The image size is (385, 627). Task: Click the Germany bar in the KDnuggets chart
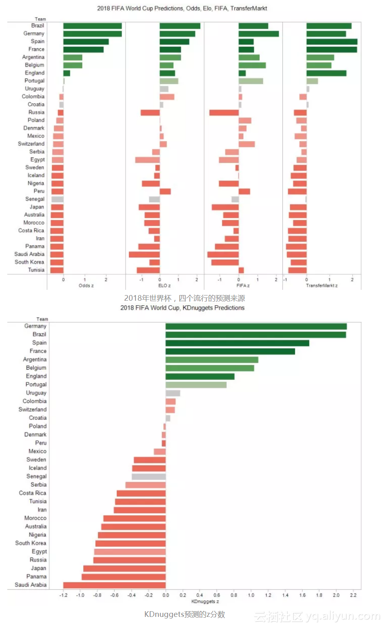point(256,326)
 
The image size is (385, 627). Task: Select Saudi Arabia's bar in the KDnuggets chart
point(114,585)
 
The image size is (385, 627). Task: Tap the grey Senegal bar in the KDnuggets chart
point(149,476)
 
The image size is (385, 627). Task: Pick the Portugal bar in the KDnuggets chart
point(196,385)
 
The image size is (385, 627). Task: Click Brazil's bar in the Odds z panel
point(92,26)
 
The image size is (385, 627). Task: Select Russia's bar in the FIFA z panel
point(224,113)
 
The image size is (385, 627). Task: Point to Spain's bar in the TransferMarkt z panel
point(332,42)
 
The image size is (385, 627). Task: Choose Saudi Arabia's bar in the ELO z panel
point(144,255)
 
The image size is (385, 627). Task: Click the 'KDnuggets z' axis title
point(205,601)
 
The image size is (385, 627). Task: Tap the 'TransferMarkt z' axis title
point(322,286)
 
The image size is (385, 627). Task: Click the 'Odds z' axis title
point(86,286)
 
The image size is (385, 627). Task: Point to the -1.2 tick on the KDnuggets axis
point(64,595)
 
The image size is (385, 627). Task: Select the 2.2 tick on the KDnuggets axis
point(353,595)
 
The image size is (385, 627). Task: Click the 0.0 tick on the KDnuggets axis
point(166,595)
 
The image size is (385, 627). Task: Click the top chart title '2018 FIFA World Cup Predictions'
point(182,9)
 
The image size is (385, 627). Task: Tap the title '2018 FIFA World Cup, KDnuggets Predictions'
point(182,308)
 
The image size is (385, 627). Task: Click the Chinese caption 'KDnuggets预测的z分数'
point(184,614)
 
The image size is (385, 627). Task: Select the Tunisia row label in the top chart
point(36,270)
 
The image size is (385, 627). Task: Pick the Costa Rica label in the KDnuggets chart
point(32,493)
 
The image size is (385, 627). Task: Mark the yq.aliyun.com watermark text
point(343,616)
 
